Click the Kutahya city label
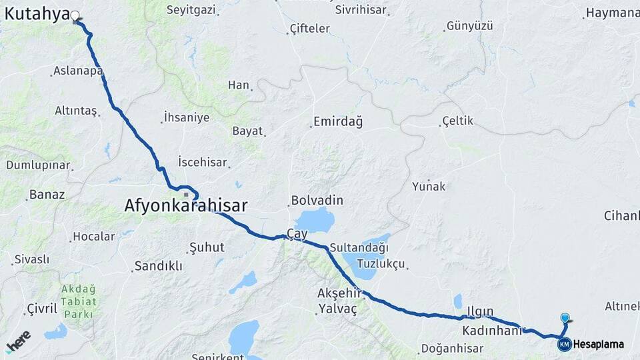point(37,13)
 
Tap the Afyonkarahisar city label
point(185,206)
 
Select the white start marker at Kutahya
point(75,16)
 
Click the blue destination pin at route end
point(565,319)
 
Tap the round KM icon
point(564,345)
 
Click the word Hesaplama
point(598,345)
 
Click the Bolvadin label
point(317,200)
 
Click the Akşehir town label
point(339,293)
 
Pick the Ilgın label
point(479,311)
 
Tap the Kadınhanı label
point(490,331)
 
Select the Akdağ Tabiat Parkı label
point(79,301)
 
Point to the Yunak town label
point(428,186)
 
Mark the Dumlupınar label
point(38,165)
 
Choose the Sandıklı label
point(158,265)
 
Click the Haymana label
point(611,13)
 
